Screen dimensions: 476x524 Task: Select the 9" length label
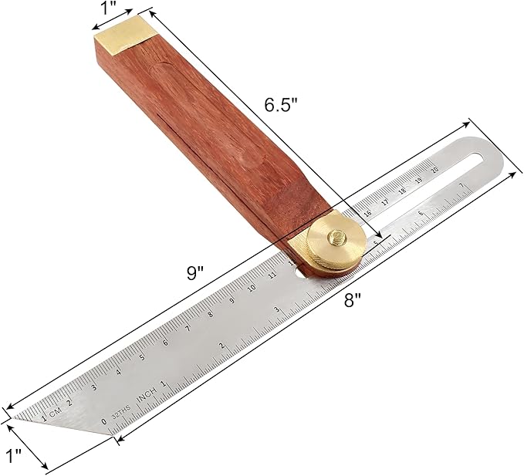coord(195,272)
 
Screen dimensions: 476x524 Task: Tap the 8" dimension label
coord(353,302)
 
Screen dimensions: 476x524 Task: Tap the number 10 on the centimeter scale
coord(252,288)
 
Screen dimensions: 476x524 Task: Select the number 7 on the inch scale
coord(461,185)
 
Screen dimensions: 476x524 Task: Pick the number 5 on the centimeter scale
coord(142,356)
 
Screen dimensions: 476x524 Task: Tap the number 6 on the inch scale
coord(420,214)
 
